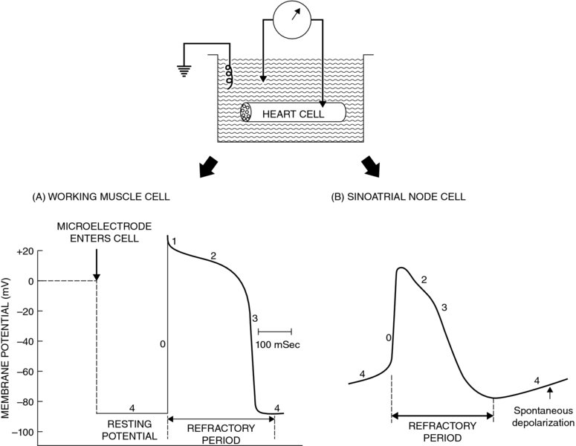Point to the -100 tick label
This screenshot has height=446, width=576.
click(22, 432)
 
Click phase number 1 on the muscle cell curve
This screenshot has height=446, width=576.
click(172, 242)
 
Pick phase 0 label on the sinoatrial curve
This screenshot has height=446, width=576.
click(389, 337)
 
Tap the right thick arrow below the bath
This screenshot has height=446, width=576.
click(370, 168)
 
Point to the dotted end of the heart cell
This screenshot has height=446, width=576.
click(246, 113)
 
